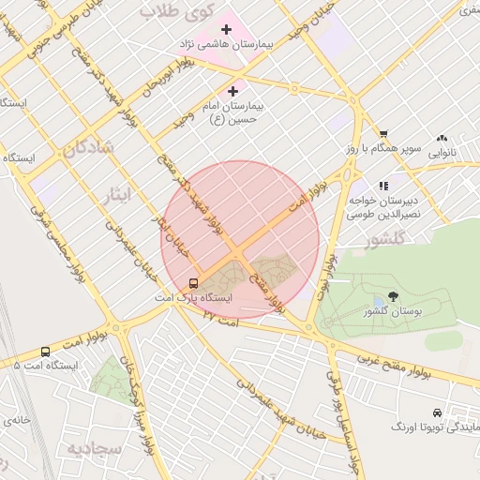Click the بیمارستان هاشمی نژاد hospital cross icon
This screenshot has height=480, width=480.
pos(226,30)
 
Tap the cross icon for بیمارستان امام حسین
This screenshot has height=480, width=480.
pos(232,91)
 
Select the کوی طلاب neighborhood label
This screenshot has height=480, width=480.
pos(177,10)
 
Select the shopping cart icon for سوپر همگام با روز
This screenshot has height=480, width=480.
pos(383,134)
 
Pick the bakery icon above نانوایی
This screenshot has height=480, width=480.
pos(442,137)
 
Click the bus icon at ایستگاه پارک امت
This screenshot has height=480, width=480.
pos(194,282)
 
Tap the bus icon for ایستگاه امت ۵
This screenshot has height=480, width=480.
pos(46,352)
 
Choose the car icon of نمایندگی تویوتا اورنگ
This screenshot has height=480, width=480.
pos(437,412)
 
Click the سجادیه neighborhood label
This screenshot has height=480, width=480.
pos(95,448)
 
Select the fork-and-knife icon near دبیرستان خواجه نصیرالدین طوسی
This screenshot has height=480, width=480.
pos(382,186)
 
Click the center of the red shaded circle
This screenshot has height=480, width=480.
pos(240,240)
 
